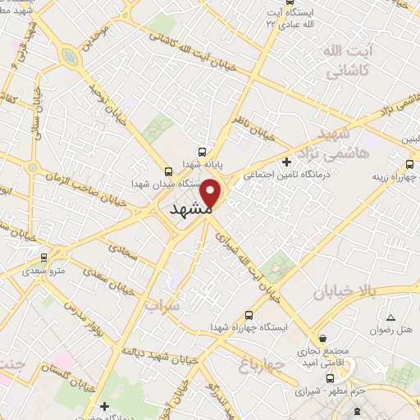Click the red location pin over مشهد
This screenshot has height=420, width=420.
point(212,194)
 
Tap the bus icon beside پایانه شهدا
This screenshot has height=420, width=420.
point(202,152)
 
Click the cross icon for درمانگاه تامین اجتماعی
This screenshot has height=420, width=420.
point(285,162)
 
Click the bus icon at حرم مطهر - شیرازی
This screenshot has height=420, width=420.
point(330,378)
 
